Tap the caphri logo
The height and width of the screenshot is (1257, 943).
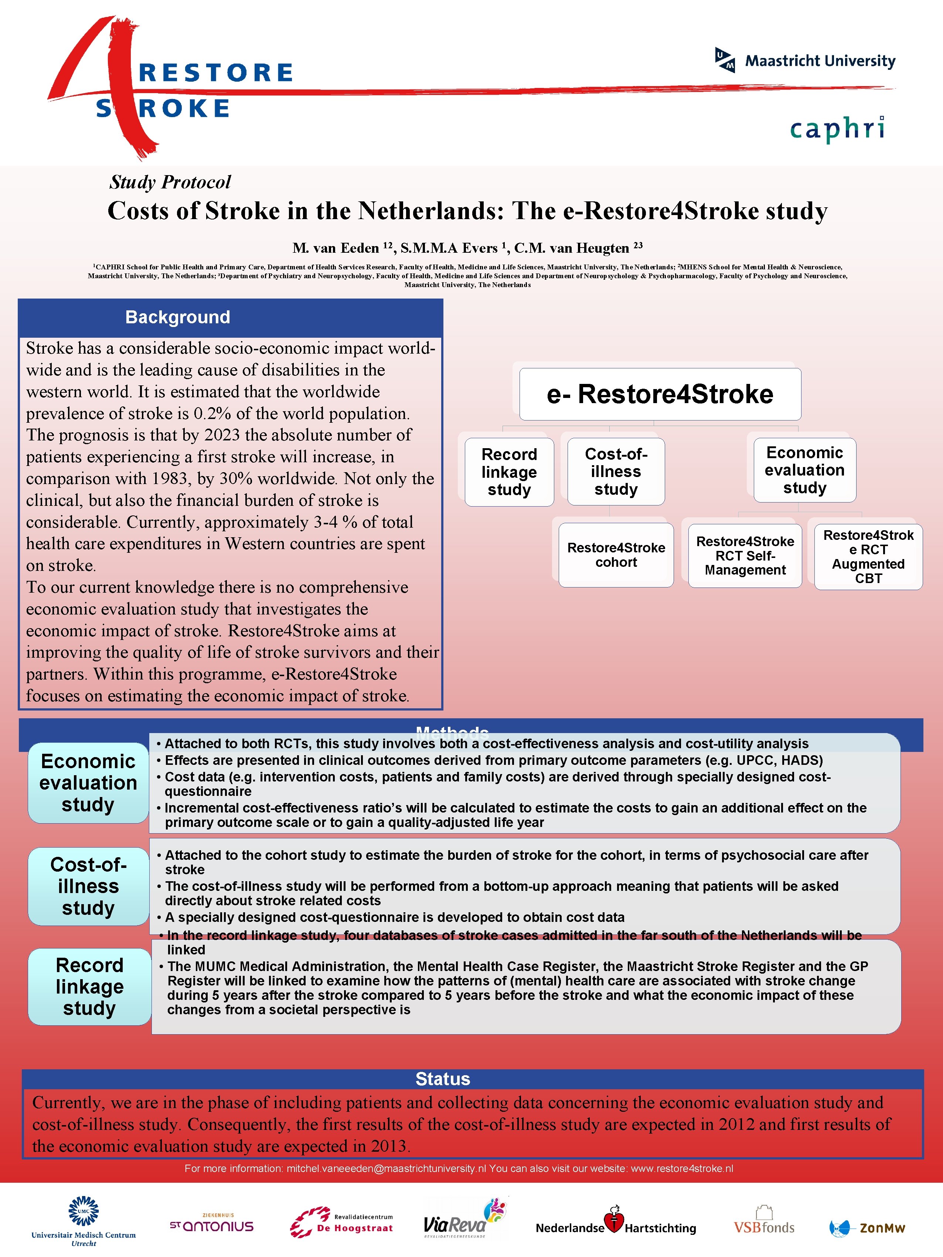click(837, 129)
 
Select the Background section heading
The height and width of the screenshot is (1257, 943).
click(177, 317)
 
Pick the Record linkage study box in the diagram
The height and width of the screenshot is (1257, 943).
click(509, 472)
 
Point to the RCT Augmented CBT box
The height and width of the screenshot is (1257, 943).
click(868, 556)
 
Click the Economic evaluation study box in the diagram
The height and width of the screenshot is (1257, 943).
click(804, 470)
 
